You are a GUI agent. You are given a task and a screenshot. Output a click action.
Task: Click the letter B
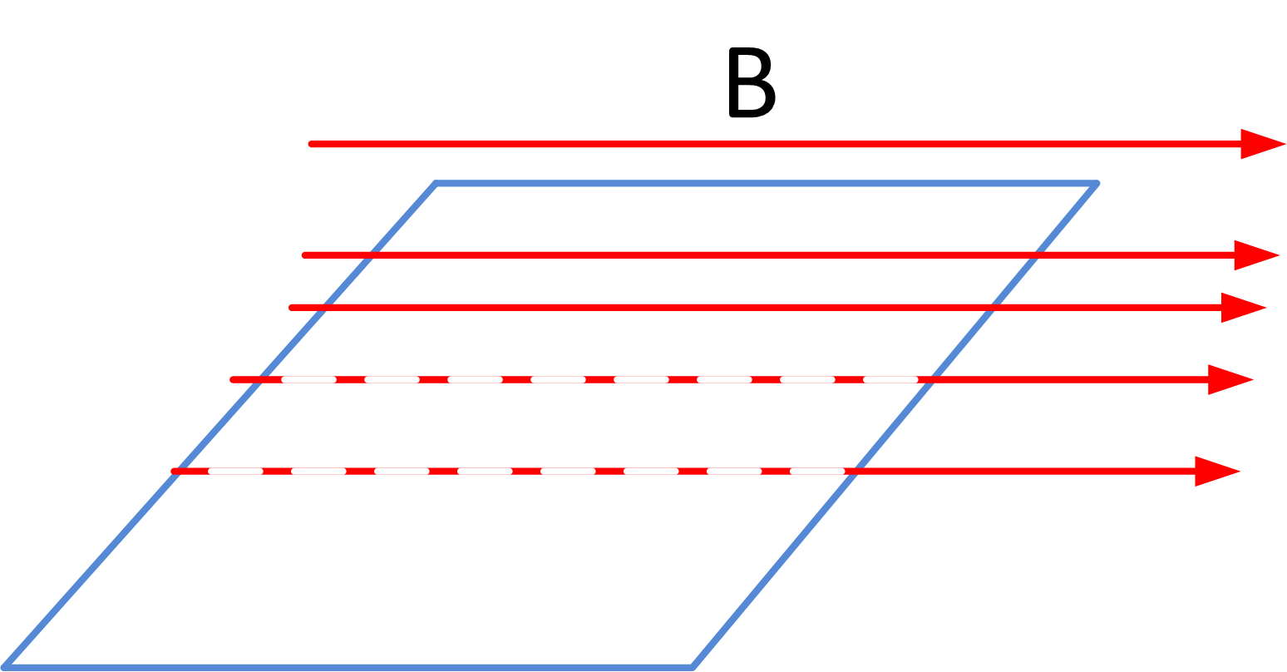pos(751,83)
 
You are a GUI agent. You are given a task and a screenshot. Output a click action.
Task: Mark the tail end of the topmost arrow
pos(312,144)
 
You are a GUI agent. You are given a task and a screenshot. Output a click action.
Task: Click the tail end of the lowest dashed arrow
pos(175,472)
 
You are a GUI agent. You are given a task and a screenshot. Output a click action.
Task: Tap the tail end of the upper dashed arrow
pos(234,379)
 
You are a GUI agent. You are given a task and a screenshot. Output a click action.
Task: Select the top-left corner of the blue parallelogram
pos(436,183)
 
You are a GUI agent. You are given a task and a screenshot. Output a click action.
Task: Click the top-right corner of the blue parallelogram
pos(1097,183)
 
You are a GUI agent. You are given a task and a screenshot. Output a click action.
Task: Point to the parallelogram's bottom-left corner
pos(5,666)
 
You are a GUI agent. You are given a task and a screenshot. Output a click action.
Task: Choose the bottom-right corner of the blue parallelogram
pos(692,666)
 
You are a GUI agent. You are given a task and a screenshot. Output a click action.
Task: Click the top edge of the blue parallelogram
pos(765,183)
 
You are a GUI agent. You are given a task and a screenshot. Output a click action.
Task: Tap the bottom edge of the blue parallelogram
pos(349,666)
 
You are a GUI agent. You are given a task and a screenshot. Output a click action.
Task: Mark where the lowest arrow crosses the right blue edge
pos(856,472)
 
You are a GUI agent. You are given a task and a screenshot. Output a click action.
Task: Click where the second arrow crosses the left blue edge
pos(372,255)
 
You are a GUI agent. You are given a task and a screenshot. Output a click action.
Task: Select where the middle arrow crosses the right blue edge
pos(992,308)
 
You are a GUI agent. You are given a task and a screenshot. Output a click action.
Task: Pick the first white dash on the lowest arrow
pos(235,472)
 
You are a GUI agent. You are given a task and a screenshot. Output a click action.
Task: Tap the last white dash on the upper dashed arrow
pos(890,379)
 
